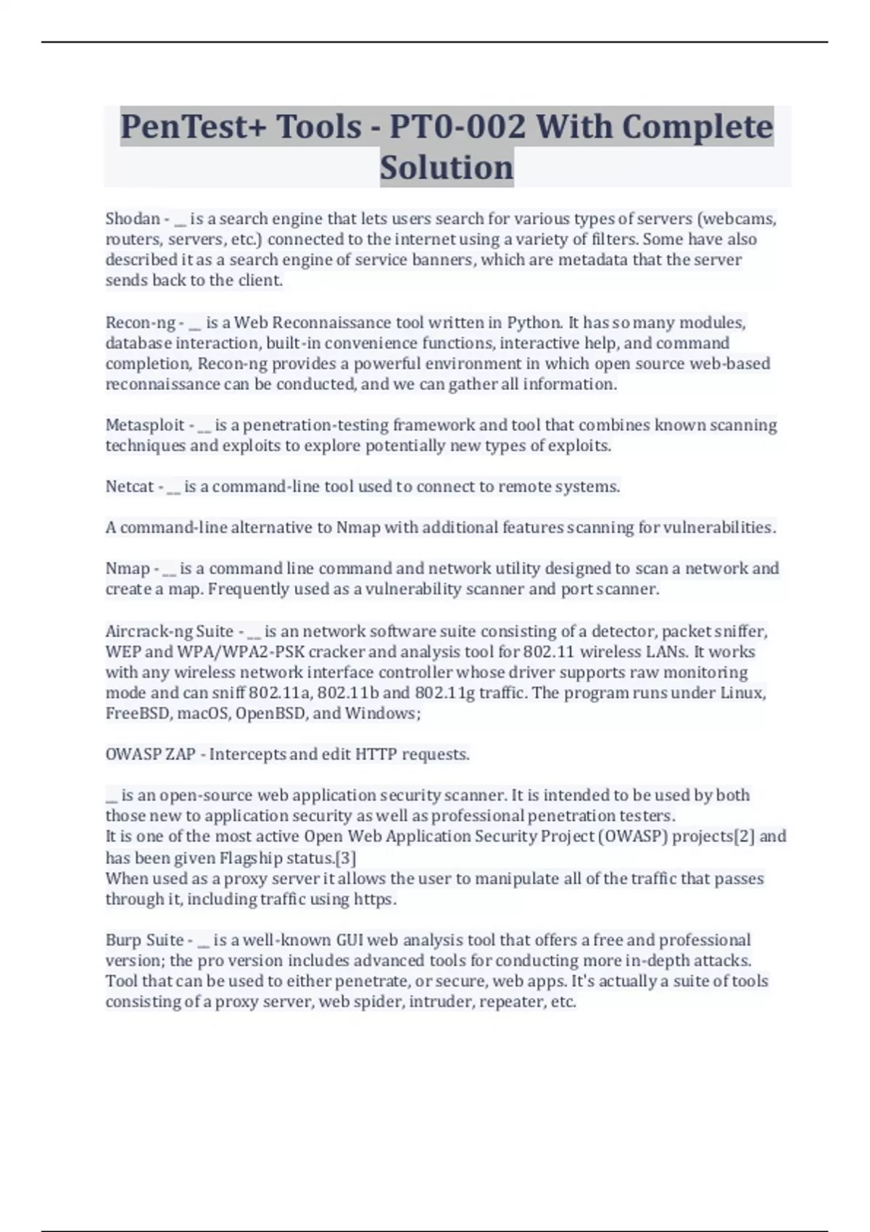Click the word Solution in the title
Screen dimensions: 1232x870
pyautogui.click(x=447, y=167)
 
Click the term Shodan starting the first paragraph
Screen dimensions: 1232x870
pyautogui.click(x=133, y=218)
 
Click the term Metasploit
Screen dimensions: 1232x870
pyautogui.click(x=145, y=425)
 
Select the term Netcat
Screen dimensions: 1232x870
pyautogui.click(x=130, y=486)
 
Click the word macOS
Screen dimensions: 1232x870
pyautogui.click(x=204, y=713)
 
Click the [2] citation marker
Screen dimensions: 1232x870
pyautogui.click(x=745, y=836)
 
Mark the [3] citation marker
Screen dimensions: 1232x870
pyautogui.click(x=346, y=858)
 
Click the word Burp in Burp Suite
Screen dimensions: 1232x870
pyautogui.click(x=123, y=940)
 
